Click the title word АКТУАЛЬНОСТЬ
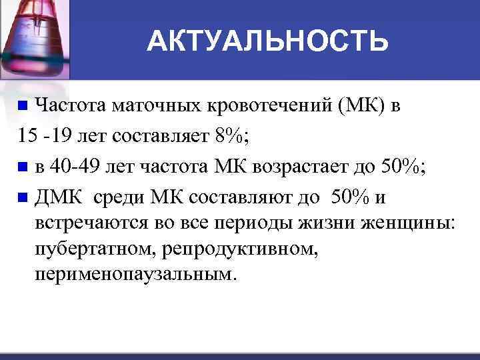(x=267, y=41)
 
